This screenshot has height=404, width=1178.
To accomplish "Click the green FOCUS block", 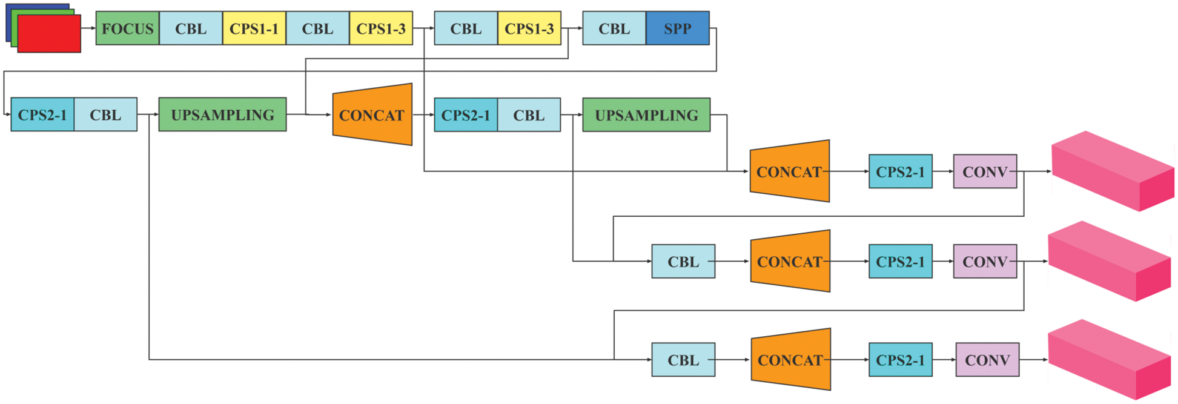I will click(x=127, y=28).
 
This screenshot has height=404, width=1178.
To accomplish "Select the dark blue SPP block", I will click(x=677, y=28).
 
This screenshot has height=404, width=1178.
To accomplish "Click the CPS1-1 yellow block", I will click(x=254, y=28).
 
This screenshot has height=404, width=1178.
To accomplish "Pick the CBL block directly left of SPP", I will click(x=614, y=28).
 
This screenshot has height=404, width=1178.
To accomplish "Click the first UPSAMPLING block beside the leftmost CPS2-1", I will click(x=222, y=114).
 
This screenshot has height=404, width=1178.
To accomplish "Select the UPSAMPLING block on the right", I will click(x=646, y=114).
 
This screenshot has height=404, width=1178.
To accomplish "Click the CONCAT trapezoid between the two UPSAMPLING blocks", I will click(x=372, y=114).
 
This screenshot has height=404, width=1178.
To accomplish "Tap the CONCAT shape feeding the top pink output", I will click(x=789, y=171).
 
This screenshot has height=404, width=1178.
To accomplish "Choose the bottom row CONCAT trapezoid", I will click(x=790, y=360).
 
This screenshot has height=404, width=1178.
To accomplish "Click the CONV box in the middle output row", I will click(x=985, y=262).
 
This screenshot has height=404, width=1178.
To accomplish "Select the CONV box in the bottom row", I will click(x=987, y=360).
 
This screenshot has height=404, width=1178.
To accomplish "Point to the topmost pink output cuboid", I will click(x=1112, y=171).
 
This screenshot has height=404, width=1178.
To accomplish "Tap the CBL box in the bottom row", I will click(x=683, y=360).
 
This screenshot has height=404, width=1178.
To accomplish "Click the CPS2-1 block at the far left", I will click(x=42, y=114).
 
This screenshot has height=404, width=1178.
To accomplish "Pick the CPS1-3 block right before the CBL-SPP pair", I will click(x=529, y=28).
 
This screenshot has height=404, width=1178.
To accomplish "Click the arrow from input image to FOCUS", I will click(x=88, y=28).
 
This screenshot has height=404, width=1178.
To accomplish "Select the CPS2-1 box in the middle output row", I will click(x=900, y=262).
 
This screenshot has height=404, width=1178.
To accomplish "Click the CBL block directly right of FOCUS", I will click(x=191, y=28).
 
